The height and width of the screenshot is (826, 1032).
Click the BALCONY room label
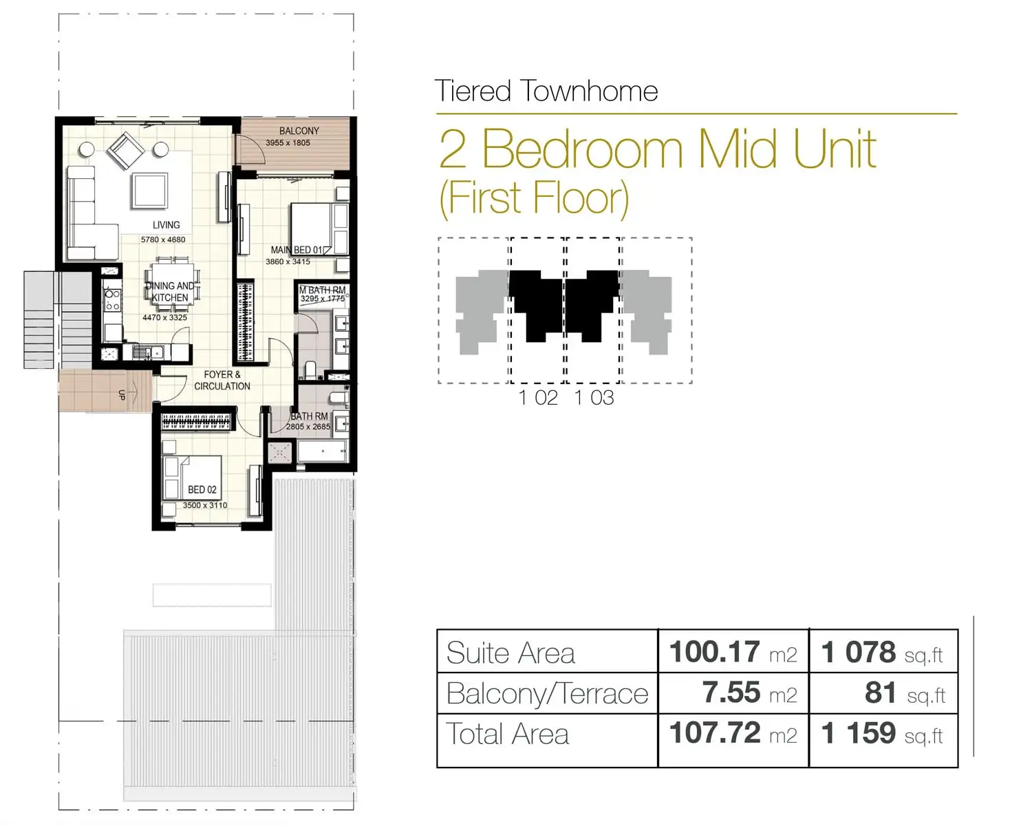pyautogui.click(x=299, y=131)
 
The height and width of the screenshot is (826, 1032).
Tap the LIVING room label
pyautogui.click(x=166, y=225)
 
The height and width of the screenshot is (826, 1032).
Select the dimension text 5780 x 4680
pyautogui.click(x=163, y=240)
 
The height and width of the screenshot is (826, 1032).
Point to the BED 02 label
pyautogui.click(x=202, y=489)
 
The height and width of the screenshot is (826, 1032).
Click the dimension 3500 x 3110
pyautogui.click(x=204, y=505)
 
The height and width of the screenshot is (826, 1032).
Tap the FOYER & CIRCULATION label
pyautogui.click(x=222, y=381)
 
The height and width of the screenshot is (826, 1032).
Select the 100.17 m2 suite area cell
pyautogui.click(x=733, y=652)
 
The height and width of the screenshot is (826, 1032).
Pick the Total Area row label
pyautogui.click(x=508, y=734)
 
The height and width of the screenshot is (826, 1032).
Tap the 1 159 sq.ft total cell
pyautogui.click(x=882, y=734)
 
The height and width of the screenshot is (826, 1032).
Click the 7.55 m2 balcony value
pyautogui.click(x=749, y=693)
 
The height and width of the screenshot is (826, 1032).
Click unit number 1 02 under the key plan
pyautogui.click(x=538, y=398)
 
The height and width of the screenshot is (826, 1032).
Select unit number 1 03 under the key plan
pyautogui.click(x=594, y=398)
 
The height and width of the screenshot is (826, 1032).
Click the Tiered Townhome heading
pyautogui.click(x=546, y=92)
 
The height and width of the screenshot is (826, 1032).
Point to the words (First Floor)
pyautogui.click(x=534, y=198)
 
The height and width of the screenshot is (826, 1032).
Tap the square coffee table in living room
pyautogui.click(x=149, y=191)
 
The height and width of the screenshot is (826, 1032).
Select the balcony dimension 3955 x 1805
pyautogui.click(x=288, y=143)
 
